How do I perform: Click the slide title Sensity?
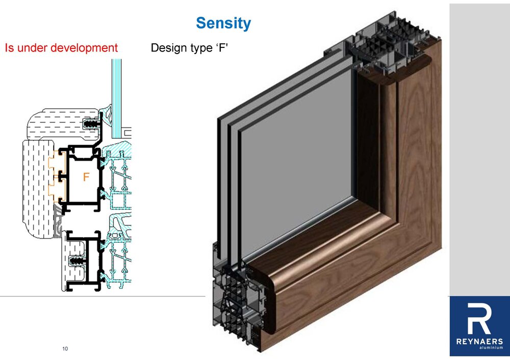223,23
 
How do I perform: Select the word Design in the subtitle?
168,49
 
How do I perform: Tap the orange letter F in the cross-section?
87,177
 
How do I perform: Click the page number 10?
65,348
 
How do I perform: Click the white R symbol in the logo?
479,319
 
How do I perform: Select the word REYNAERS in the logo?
479,341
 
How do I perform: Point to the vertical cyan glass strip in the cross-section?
117,97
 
